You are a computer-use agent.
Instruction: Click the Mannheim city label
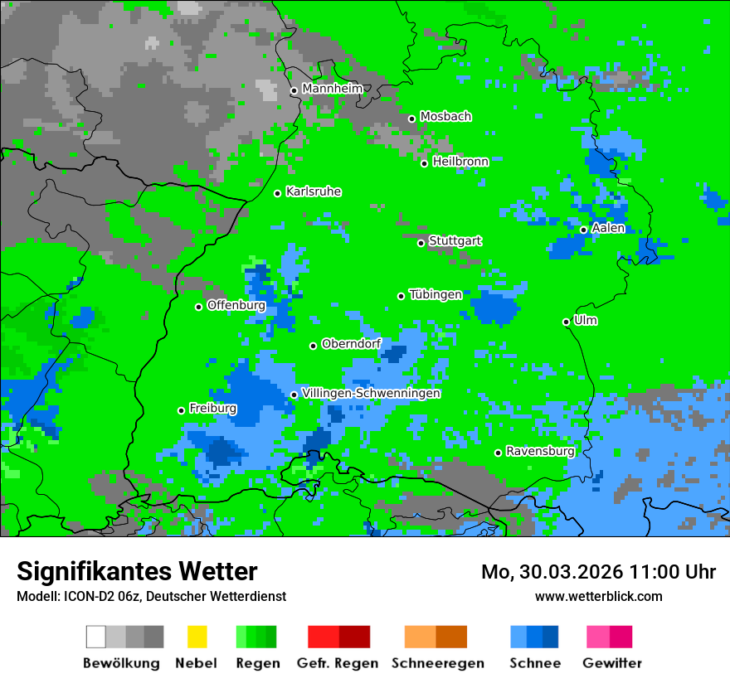pos(332,89)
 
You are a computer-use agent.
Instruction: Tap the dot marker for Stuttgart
pos(421,243)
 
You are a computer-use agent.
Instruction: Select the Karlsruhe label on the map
pos(314,191)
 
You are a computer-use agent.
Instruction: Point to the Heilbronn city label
pos(460,162)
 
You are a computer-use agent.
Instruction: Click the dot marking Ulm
pos(567,322)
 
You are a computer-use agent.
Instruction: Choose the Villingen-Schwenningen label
pos(371,393)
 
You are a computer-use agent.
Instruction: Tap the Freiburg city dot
pos(181,410)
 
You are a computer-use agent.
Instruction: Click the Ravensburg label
pos(540,451)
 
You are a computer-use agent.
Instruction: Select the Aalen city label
pos(608,228)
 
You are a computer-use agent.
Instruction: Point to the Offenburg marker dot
pos(199,307)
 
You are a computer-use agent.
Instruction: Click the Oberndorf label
pos(351,344)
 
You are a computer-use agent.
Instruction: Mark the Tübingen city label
pos(436,294)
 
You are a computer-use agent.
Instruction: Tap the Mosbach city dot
pos(411,119)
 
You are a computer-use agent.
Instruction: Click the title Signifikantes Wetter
pos(137,571)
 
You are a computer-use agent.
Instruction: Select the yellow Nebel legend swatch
pos(197,637)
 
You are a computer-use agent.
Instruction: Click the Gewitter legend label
pos(612,663)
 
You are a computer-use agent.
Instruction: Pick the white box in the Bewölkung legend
pos(96,637)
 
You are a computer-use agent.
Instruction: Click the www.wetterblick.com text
pos(598,596)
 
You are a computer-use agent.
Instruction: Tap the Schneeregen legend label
pos(438,663)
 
